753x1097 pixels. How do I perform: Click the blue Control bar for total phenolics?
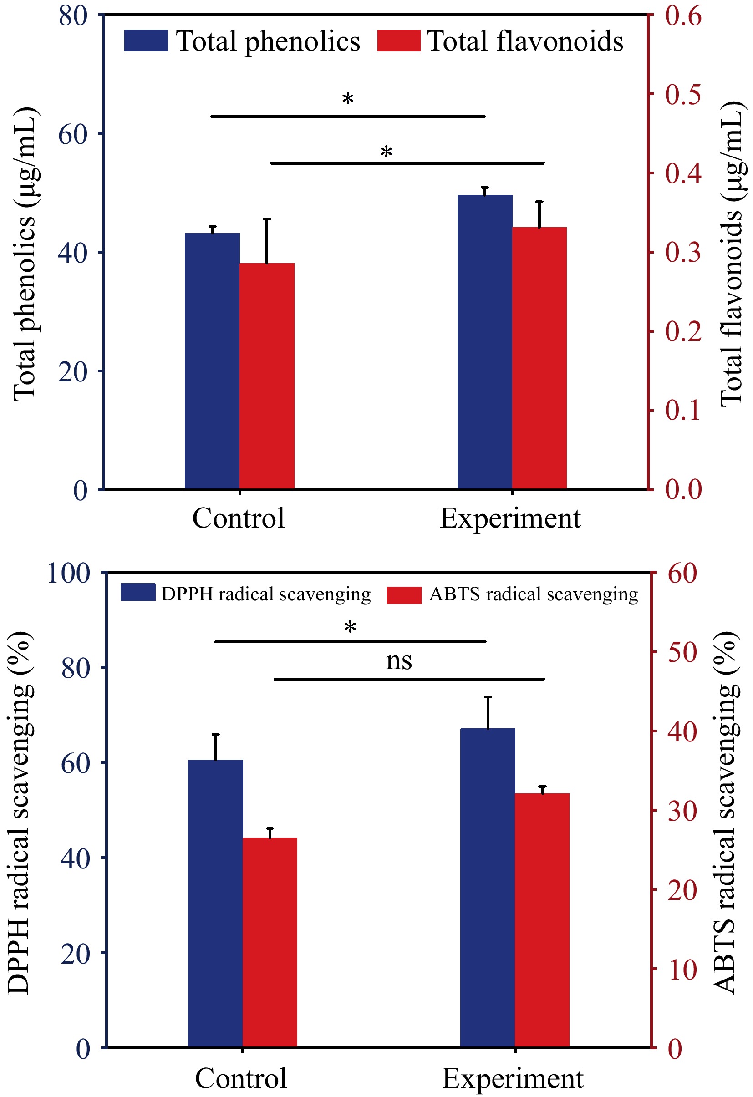click(212, 361)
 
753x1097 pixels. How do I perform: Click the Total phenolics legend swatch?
click(146, 41)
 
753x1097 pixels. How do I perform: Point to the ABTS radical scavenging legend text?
click(534, 594)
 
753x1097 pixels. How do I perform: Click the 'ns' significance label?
click(398, 661)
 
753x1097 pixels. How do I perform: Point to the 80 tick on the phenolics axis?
click(73, 15)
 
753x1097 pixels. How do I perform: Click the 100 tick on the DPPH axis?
click(69, 574)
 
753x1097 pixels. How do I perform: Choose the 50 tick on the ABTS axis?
click(682, 653)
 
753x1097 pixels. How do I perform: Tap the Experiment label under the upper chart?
click(510, 519)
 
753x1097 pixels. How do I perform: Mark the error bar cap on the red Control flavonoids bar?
click(267, 219)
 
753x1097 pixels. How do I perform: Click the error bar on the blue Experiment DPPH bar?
click(488, 712)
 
